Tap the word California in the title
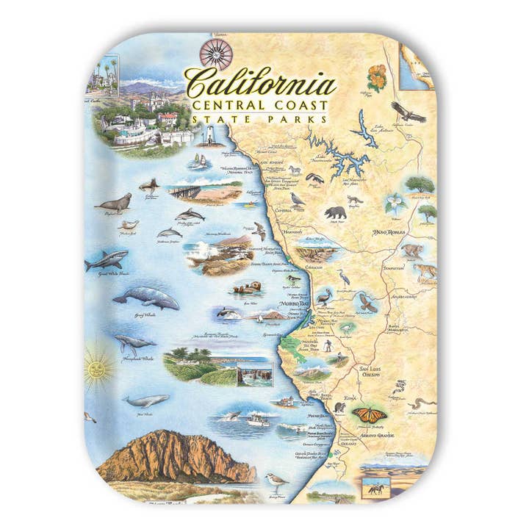coord(261,84)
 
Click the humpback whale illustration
coord(135,345)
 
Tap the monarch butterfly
coord(365,414)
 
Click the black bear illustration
coord(335,214)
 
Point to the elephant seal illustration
coord(116,202)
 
